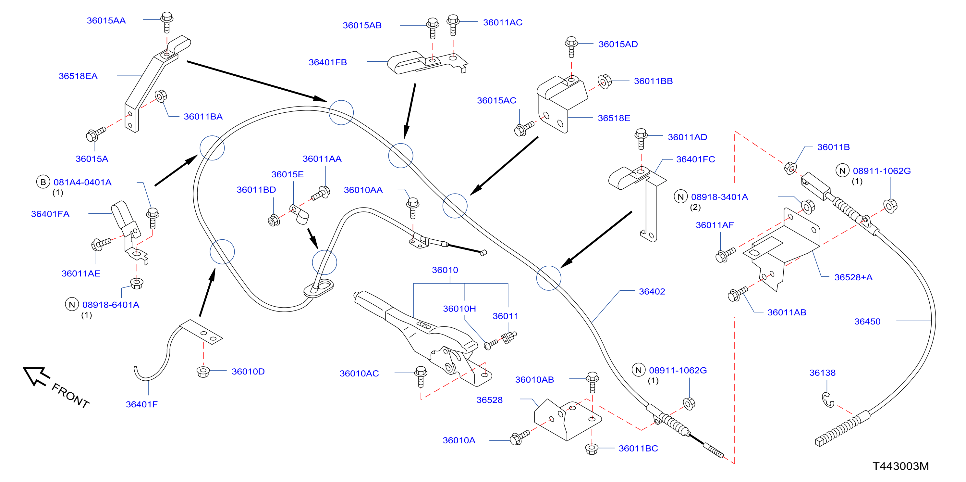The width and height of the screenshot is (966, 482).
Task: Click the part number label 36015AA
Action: (x=106, y=21)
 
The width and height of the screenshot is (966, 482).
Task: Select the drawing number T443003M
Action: (x=901, y=466)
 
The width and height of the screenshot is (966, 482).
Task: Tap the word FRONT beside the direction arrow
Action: (x=70, y=395)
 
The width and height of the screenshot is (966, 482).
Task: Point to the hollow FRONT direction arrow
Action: (x=36, y=376)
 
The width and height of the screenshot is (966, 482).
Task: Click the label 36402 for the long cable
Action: (x=652, y=292)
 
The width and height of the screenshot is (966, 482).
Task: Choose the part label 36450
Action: (x=867, y=322)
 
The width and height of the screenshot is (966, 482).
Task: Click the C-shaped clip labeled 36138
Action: (x=827, y=400)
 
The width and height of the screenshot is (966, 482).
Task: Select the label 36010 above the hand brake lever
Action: (x=445, y=270)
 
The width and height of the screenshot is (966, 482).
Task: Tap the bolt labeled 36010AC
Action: (x=421, y=377)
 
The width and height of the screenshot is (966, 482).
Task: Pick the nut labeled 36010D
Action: (x=203, y=372)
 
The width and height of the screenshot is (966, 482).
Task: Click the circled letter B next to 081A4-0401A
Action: (x=43, y=182)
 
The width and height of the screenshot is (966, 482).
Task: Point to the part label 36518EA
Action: (x=78, y=76)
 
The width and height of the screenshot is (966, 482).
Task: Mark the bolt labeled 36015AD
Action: (x=571, y=46)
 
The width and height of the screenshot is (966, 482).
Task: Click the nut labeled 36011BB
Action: (x=605, y=82)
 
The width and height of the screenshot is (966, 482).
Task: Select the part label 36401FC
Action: (x=696, y=159)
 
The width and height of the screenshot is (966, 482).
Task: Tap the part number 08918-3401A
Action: (x=719, y=197)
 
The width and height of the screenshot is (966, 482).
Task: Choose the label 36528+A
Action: (x=853, y=277)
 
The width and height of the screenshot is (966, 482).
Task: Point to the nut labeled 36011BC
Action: (x=592, y=449)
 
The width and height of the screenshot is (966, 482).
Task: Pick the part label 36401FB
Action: (x=328, y=62)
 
